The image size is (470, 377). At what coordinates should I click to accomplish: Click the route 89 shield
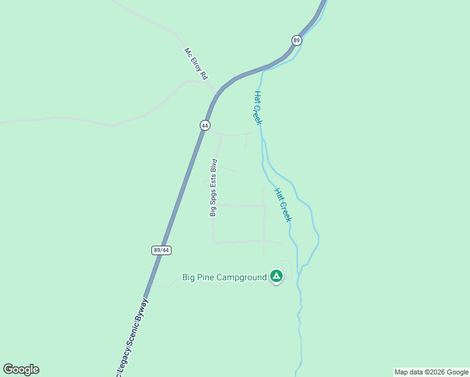tap(297, 40)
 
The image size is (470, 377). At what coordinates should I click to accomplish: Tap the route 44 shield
tap(205, 125)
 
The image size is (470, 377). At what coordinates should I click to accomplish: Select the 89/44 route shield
tap(161, 250)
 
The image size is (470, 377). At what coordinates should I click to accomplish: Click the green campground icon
tap(276, 276)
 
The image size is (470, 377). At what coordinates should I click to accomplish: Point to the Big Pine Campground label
tap(224, 276)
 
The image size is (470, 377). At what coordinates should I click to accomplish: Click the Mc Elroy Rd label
tap(195, 64)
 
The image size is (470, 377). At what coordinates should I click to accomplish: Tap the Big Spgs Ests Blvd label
tap(213, 188)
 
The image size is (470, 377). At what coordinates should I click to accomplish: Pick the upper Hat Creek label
tap(258, 107)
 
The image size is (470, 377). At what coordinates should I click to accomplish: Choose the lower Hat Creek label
tap(283, 204)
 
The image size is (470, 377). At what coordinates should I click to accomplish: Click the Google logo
tap(21, 369)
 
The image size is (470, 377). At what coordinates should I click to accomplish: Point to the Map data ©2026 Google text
tap(431, 372)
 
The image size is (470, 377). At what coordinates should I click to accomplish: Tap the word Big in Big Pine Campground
tap(190, 276)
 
